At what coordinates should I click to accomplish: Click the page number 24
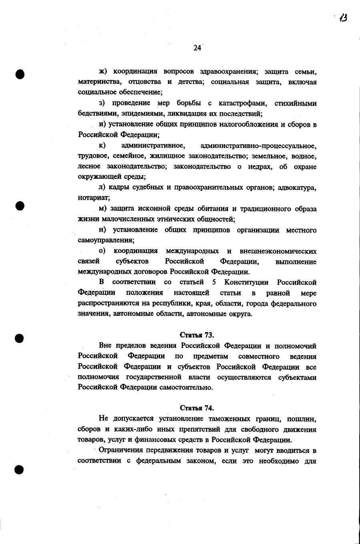coord(197,48)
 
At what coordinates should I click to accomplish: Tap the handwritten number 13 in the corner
coord(342,18)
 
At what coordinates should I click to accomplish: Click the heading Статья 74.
coord(197,408)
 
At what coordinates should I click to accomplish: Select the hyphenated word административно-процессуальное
coord(258,146)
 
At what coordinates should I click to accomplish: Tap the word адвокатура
coord(296,188)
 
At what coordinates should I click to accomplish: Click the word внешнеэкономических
coord(278,251)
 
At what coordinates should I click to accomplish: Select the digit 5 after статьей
coord(214,283)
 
